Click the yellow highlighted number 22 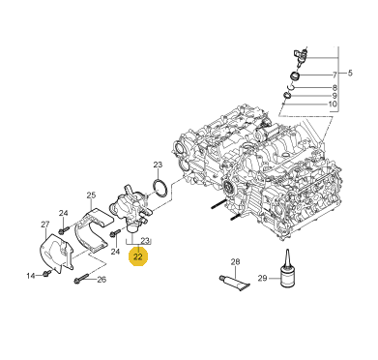[138, 256]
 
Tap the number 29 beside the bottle [263, 278]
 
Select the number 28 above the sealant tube [236, 261]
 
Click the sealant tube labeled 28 [234, 284]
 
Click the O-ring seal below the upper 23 [160, 189]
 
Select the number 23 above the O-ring [158, 165]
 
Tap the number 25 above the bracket [91, 195]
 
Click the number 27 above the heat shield [45, 224]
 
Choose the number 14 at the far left [31, 276]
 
